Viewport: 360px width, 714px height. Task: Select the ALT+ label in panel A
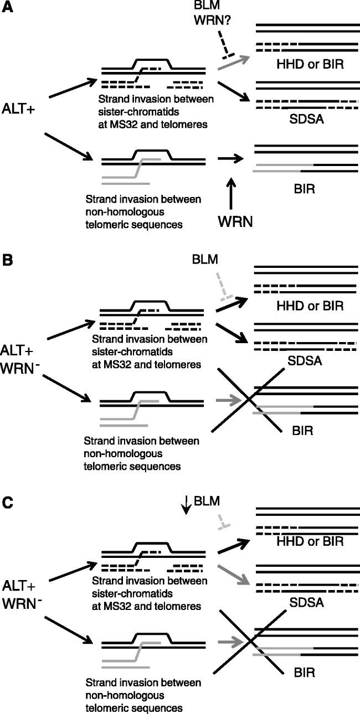click(x=19, y=110)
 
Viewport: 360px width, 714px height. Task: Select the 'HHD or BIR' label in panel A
click(x=310, y=65)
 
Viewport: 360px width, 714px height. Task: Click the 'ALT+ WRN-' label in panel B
click(x=20, y=360)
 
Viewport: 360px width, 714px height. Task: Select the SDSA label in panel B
click(x=305, y=360)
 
